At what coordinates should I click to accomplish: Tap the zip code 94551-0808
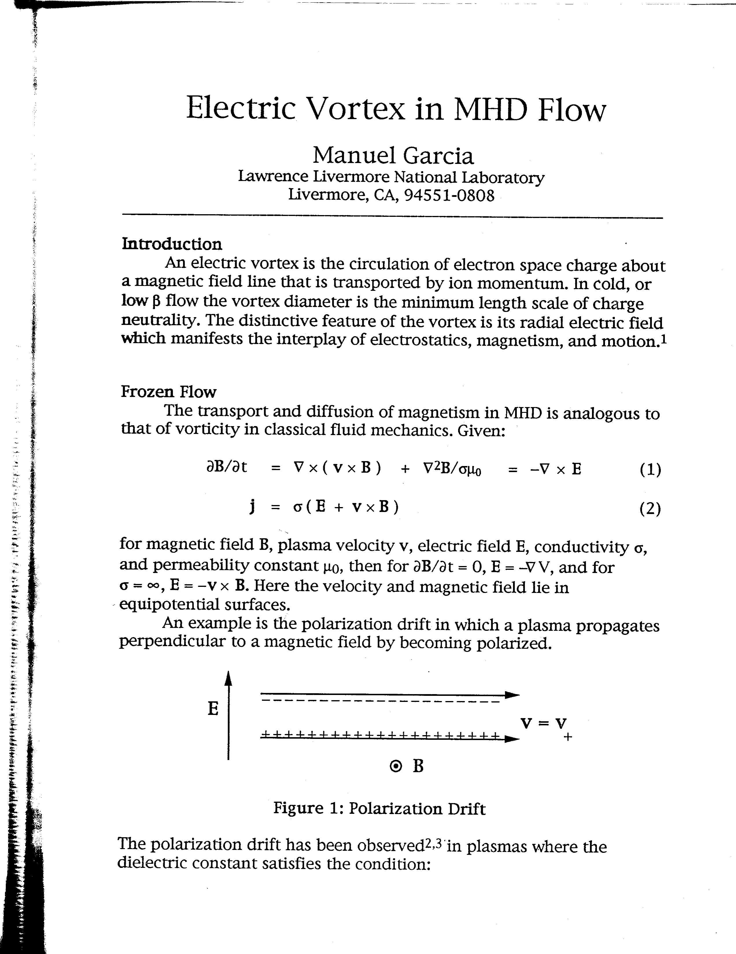(x=449, y=195)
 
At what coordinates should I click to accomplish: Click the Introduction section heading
(x=172, y=244)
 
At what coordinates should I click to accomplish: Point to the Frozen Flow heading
(x=168, y=392)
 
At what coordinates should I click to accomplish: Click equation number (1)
(x=650, y=469)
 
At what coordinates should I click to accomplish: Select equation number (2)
(x=650, y=509)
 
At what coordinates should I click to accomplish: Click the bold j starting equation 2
(x=252, y=507)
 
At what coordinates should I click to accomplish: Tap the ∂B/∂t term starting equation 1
(x=226, y=467)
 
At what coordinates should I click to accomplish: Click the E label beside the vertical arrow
(x=213, y=709)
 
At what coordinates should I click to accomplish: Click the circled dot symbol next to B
(x=396, y=766)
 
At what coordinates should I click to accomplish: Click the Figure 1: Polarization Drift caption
(x=379, y=809)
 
